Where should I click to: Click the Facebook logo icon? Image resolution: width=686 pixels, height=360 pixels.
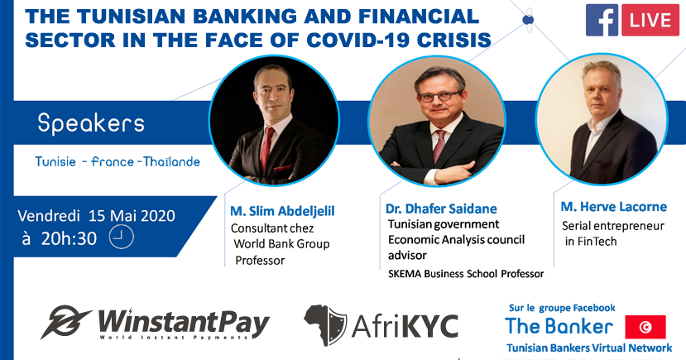(602, 20)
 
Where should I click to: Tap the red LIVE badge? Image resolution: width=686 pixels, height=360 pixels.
(650, 20)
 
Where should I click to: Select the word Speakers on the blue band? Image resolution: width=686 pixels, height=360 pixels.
(91, 123)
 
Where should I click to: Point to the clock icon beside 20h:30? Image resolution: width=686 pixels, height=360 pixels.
(121, 238)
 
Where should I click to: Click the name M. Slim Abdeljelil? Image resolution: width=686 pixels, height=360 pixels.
(282, 211)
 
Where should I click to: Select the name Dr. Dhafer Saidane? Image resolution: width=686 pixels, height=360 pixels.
(441, 209)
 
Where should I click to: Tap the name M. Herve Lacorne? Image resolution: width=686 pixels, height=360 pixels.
(614, 207)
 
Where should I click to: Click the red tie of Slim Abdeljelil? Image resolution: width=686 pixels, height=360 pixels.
(266, 149)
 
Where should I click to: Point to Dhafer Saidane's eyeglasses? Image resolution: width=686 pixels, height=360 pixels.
(439, 96)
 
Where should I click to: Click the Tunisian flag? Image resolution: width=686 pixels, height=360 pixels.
(645, 327)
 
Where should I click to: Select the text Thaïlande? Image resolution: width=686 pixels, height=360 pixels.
(171, 162)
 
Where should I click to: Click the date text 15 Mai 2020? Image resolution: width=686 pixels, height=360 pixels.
(132, 216)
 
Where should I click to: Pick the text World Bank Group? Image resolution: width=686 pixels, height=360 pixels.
(281, 244)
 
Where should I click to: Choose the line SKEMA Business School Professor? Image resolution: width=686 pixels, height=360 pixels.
(466, 274)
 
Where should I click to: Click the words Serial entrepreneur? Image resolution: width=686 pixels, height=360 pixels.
(613, 226)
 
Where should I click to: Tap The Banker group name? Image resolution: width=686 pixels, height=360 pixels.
(559, 326)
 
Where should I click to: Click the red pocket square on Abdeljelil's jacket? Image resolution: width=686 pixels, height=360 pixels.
(283, 168)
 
